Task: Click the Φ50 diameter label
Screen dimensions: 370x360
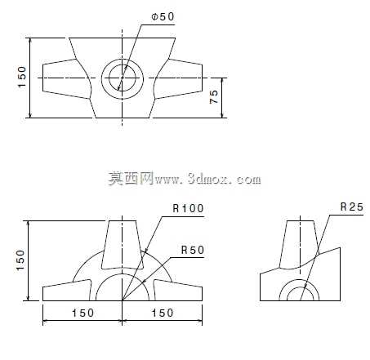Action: coord(163,17)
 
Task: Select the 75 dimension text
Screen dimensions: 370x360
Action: coord(214,96)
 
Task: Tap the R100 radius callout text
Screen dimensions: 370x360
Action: coord(188,208)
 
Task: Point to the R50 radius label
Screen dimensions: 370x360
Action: coord(193,250)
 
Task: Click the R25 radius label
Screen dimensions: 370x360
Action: coord(352,207)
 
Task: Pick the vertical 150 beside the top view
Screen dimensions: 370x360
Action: coord(22,77)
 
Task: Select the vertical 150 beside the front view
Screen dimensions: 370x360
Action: coord(20,260)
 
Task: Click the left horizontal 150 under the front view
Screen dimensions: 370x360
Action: coord(82,313)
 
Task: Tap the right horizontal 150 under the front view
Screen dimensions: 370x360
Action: coord(163,313)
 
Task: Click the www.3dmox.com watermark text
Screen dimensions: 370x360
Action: coord(207,179)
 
